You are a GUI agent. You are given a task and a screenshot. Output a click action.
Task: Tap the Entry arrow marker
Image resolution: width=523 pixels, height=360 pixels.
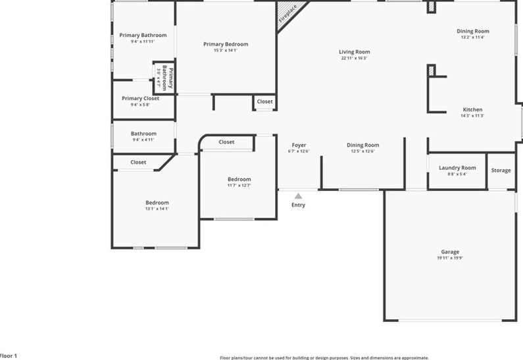point(298,196)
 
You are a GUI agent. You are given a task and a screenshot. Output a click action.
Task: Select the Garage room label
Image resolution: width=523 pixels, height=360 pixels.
point(450,252)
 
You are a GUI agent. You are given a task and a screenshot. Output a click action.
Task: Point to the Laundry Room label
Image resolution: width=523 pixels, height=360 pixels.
point(457,168)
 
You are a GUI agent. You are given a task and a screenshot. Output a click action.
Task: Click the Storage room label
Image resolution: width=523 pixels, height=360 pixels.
point(501,170)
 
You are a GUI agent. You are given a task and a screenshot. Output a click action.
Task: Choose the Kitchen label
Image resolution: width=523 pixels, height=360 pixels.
point(472,109)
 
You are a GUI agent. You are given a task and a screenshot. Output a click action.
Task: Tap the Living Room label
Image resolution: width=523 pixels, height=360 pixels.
point(354,52)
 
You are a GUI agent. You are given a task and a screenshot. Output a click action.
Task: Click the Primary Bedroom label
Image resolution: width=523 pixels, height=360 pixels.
point(226,44)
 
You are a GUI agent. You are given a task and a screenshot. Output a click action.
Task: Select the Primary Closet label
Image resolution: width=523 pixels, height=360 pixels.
point(140,98)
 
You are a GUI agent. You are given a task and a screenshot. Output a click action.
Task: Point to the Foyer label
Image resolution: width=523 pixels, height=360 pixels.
point(299,145)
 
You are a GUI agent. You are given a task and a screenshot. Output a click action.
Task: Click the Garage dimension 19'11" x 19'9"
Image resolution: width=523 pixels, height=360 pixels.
point(450,259)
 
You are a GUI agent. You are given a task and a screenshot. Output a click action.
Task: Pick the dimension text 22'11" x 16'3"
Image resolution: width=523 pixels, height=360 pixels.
point(354,59)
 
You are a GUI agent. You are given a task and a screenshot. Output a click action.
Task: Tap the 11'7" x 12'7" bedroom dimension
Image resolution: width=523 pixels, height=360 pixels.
point(239,186)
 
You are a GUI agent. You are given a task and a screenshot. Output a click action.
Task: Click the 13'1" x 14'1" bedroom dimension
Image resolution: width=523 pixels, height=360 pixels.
point(157,209)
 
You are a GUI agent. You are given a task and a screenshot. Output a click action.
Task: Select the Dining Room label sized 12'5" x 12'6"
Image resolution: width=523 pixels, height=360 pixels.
point(363,145)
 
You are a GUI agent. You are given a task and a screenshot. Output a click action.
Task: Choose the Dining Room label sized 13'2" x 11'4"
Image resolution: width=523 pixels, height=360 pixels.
point(474,31)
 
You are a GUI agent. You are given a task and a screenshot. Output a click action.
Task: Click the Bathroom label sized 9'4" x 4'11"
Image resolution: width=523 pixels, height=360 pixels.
point(143,134)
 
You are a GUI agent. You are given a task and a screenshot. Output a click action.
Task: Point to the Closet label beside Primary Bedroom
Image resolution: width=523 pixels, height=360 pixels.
point(264,101)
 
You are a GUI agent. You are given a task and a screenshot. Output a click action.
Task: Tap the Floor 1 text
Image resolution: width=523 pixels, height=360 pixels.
point(9,355)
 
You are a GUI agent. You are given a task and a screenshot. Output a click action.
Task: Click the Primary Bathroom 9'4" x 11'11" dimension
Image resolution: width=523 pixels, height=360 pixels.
point(143,41)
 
